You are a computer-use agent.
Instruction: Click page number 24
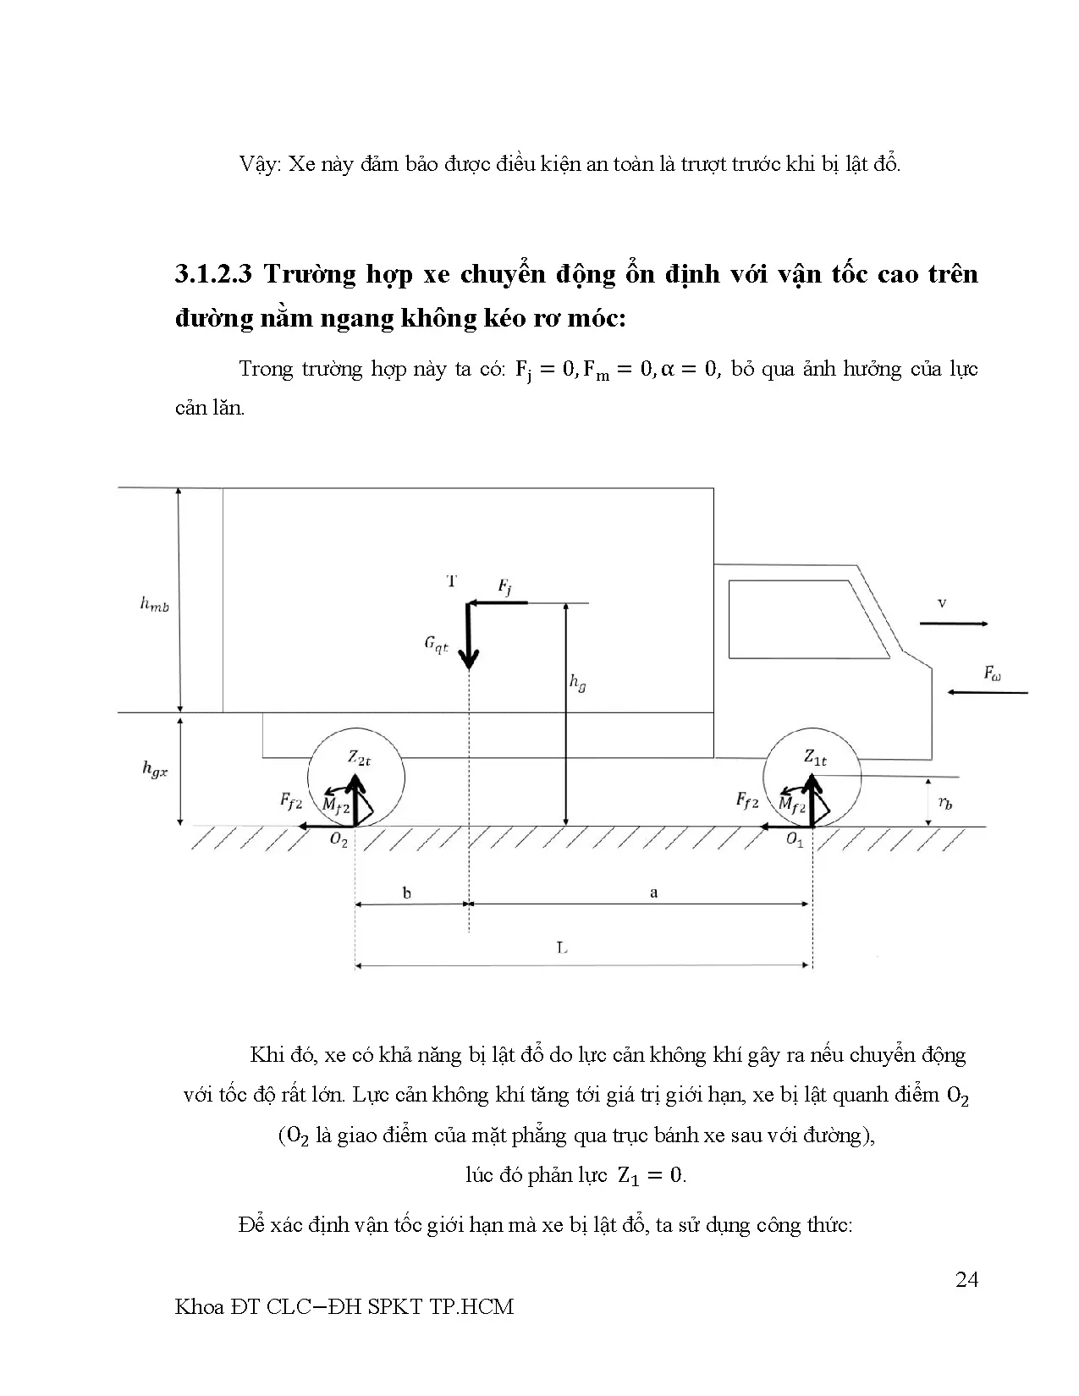[x=966, y=1279]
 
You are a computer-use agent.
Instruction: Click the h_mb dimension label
[x=154, y=604]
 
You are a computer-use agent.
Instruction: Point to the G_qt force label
[x=437, y=644]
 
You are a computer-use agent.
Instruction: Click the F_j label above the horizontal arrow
[x=504, y=586]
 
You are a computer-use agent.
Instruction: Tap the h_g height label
[x=578, y=684]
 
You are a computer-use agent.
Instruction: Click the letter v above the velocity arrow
[x=942, y=603]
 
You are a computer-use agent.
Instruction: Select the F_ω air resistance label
[x=993, y=673]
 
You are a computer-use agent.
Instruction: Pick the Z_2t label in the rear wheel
[x=360, y=758]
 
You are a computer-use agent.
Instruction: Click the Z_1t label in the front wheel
[x=815, y=757]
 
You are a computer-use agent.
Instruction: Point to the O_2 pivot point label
[x=339, y=841]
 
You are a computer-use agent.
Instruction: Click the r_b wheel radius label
[x=945, y=804]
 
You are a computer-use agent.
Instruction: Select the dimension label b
[x=407, y=893]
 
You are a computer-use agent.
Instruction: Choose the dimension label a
[x=653, y=893]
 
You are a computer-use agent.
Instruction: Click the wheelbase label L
[x=562, y=948]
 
